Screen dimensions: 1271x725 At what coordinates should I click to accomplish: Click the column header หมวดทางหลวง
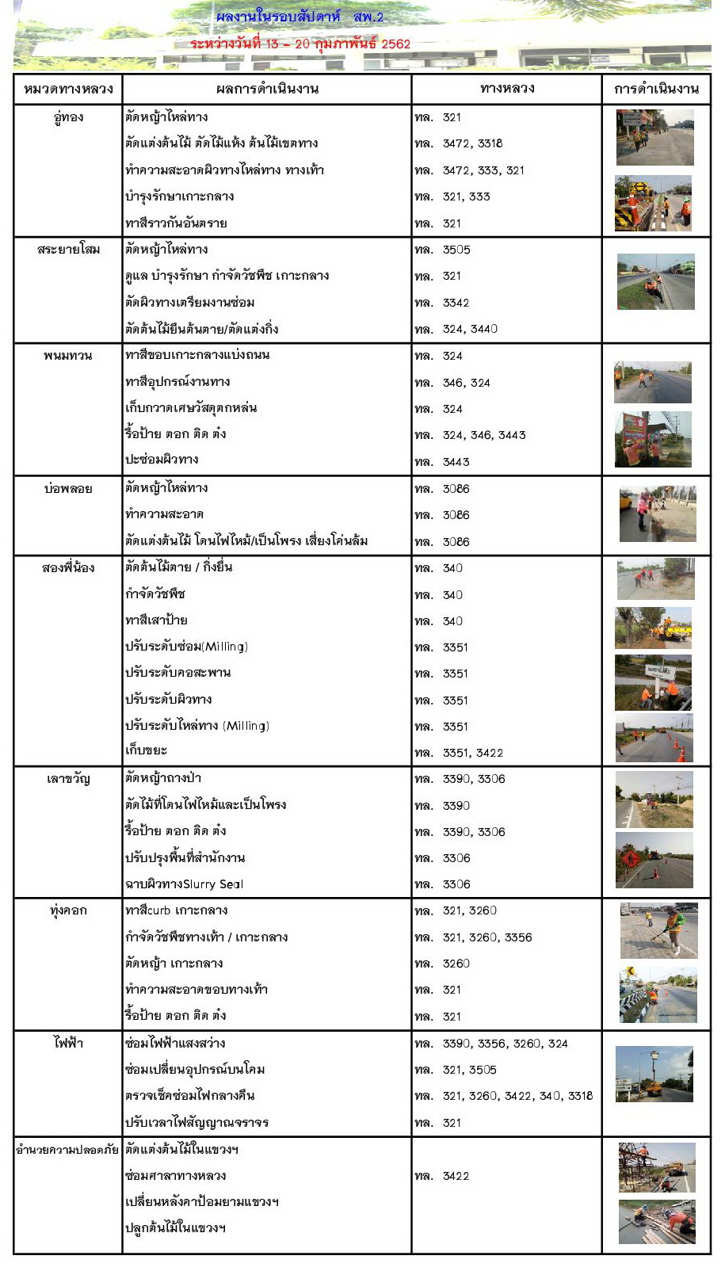coord(68,89)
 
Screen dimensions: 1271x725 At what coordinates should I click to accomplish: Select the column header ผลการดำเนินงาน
coord(267,89)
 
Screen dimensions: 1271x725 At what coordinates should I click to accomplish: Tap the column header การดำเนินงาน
coord(656,89)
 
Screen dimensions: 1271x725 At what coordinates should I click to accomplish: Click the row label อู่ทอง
coord(68,117)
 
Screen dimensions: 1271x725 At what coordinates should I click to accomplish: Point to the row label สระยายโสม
coord(68,250)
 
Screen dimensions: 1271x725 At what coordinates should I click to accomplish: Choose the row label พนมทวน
coord(68,356)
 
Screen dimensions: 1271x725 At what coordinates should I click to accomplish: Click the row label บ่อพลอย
coord(68,489)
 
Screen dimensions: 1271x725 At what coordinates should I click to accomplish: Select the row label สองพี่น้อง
coord(68,568)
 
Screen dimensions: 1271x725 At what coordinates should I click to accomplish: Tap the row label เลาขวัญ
coord(68,779)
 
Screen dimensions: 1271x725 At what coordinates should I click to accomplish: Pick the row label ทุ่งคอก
coord(68,910)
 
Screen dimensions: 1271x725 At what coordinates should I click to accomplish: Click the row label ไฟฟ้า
coord(68,1044)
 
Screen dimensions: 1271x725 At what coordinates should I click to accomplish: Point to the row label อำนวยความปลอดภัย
coord(67,1149)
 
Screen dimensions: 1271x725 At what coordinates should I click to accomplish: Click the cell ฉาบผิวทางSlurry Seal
coord(184,884)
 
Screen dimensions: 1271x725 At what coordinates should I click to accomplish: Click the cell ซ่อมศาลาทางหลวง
coord(175,1176)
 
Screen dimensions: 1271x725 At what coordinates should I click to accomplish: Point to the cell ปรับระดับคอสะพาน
coord(177,673)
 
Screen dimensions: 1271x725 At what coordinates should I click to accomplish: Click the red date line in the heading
coord(300,44)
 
